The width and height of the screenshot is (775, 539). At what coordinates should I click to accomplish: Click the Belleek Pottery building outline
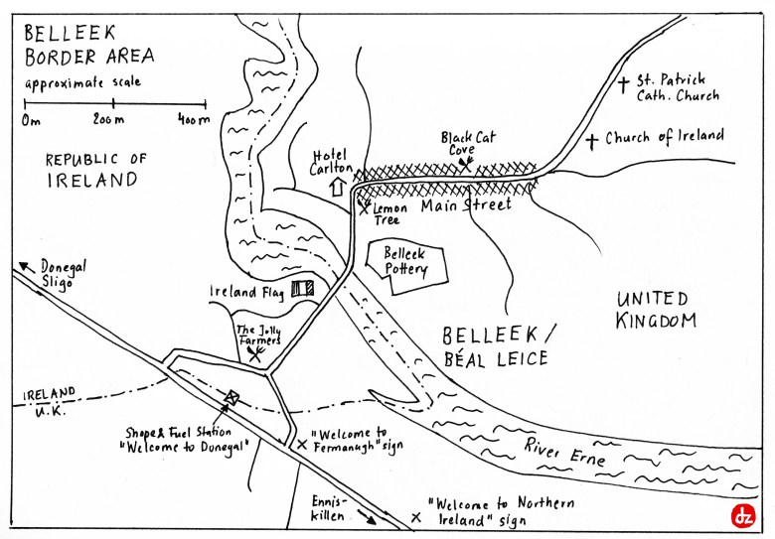click(405, 266)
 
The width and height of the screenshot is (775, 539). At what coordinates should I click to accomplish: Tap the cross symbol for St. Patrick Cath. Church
click(623, 84)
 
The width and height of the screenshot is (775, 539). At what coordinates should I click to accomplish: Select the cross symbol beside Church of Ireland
click(592, 141)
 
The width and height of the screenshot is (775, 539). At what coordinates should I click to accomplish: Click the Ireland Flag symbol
click(302, 290)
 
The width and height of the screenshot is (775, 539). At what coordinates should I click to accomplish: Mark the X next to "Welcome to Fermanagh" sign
click(301, 445)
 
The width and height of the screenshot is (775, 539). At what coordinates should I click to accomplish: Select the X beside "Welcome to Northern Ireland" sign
click(415, 517)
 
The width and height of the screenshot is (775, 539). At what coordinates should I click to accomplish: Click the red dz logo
click(742, 515)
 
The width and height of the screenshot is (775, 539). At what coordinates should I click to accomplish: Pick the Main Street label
click(465, 205)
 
